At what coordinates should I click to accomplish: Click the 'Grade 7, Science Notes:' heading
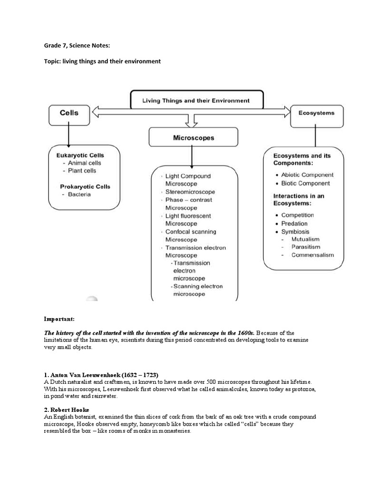[77, 46]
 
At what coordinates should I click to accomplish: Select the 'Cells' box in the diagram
[69, 114]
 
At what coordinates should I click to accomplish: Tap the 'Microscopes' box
[192, 138]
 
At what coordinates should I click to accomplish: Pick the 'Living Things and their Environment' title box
[196, 101]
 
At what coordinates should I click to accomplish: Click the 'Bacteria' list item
[79, 195]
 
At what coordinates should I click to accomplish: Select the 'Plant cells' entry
[82, 171]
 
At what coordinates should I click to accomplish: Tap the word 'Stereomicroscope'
[190, 192]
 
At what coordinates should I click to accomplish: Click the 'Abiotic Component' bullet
[307, 175]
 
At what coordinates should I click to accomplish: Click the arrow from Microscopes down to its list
[192, 157]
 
